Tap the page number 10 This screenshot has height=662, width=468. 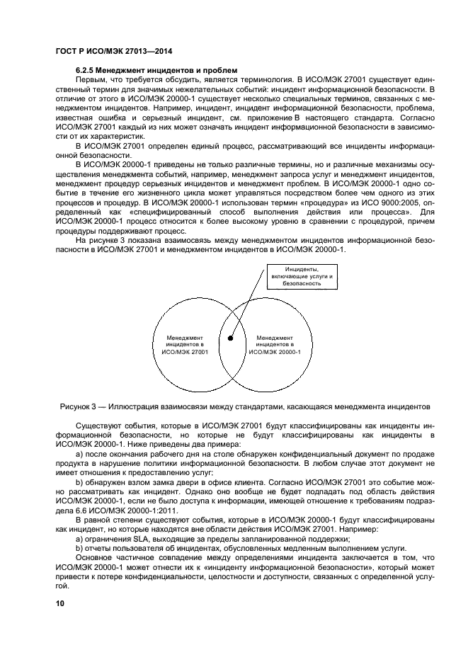click(60, 603)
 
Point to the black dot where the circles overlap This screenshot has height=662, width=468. click(232, 340)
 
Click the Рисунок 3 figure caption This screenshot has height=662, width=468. click(234, 406)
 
